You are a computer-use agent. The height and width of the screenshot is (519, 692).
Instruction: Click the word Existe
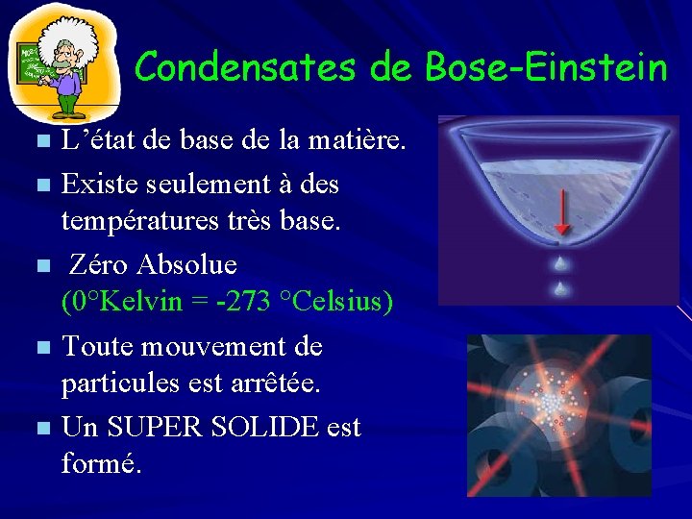click(x=97, y=183)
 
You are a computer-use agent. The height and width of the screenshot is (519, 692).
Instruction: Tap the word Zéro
click(x=100, y=263)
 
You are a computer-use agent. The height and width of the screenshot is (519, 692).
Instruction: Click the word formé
click(x=101, y=464)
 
